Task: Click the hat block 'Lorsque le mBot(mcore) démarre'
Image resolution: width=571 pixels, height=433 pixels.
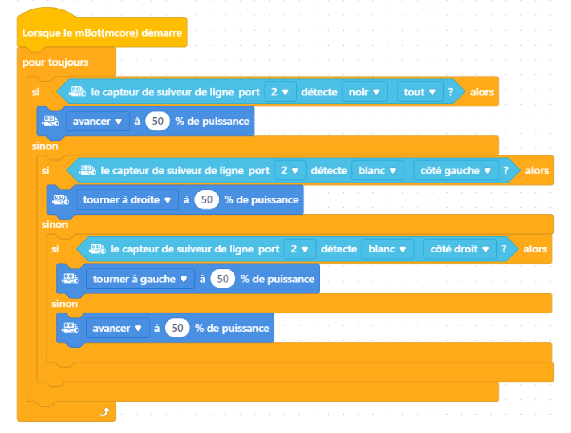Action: pos(102,33)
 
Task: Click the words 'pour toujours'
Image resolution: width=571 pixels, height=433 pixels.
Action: pos(55,62)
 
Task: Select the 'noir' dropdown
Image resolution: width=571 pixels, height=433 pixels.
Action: pos(364,92)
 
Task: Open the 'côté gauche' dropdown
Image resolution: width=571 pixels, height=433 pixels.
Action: pos(456,170)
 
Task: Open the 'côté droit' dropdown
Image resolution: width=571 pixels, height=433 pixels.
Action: pos(459,249)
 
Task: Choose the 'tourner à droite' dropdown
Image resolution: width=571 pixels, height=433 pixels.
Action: pos(127,200)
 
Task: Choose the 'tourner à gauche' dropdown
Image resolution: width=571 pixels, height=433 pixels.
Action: pos(140,279)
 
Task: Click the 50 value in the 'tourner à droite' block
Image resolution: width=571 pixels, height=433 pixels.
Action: pos(207,200)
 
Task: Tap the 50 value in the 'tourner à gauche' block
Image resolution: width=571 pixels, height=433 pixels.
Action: pos(223,279)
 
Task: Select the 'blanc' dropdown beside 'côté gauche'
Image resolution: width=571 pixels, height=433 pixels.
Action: pos(378,170)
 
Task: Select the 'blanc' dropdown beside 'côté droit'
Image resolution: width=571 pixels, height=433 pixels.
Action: pos(387,249)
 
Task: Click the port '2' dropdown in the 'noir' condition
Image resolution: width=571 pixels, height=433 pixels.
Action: pos(280,92)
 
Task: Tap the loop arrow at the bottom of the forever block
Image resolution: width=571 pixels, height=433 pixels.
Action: pos(104,412)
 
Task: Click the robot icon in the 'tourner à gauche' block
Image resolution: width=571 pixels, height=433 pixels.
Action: pos(71,279)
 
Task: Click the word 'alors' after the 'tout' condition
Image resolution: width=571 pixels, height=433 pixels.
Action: pos(482,92)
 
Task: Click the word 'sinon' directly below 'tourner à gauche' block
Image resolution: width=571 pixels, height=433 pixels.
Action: pos(65,304)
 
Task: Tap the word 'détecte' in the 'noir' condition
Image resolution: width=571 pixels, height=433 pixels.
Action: pos(319,92)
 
